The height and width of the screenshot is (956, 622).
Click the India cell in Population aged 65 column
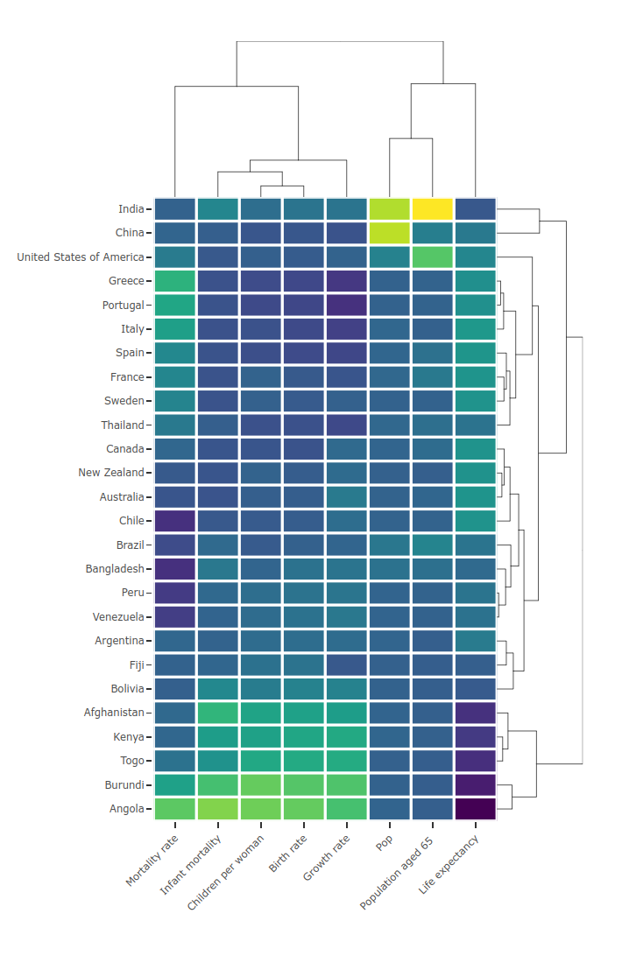[432, 209]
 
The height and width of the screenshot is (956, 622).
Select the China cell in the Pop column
[389, 233]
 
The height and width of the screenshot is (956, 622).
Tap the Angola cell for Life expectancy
[475, 809]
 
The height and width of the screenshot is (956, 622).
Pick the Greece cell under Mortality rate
[174, 281]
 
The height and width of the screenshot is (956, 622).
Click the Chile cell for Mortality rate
[174, 521]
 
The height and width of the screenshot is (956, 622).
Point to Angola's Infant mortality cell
[217, 809]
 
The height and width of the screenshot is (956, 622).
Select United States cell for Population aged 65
[432, 257]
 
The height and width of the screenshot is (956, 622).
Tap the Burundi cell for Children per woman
[260, 784]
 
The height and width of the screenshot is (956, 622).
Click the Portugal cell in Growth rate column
[346, 306]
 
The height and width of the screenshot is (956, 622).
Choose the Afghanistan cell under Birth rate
[303, 713]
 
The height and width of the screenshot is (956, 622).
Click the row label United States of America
[80, 257]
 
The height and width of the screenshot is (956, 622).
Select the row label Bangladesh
[114, 569]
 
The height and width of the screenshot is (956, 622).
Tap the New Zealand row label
[111, 473]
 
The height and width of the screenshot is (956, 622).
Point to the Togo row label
[132, 761]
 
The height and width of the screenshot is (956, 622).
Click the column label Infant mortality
[191, 867]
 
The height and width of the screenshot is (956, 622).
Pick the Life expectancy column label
[449, 867]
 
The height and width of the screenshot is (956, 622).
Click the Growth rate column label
[326, 861]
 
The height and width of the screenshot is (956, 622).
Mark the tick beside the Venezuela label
[149, 617]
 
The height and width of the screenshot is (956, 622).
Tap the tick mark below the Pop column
[389, 825]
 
